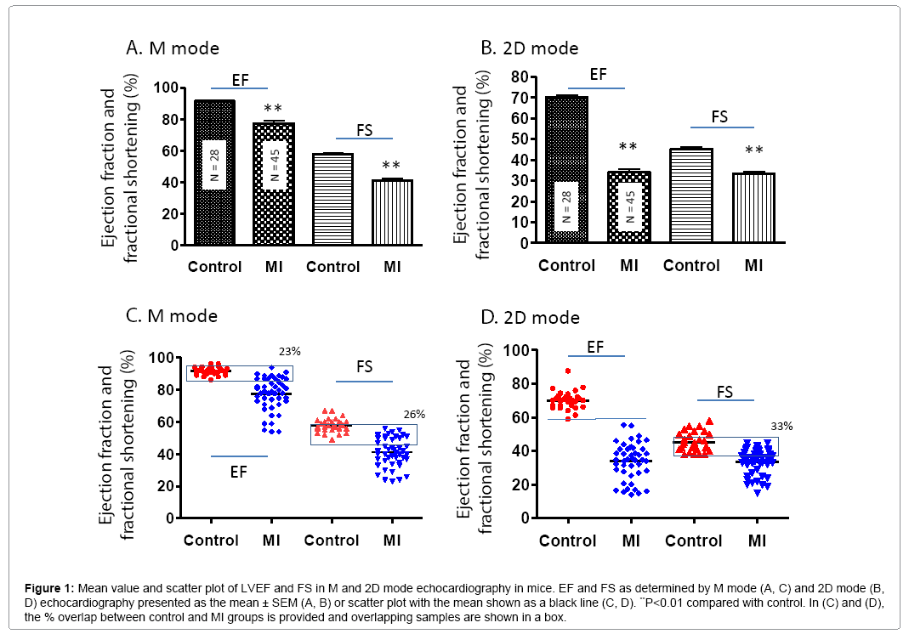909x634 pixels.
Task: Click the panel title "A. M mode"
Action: pos(173,48)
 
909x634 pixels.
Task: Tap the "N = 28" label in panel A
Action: pos(214,164)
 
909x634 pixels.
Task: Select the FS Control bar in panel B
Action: pos(691,195)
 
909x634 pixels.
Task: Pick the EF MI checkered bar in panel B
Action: pos(628,207)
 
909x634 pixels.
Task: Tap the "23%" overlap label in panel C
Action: pos(291,351)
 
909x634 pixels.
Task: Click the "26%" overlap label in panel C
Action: pos(414,415)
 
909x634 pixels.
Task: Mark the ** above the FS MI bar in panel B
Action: pos(753,151)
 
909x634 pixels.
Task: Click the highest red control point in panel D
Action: pos(567,371)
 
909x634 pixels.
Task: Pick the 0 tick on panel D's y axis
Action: pos(526,518)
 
